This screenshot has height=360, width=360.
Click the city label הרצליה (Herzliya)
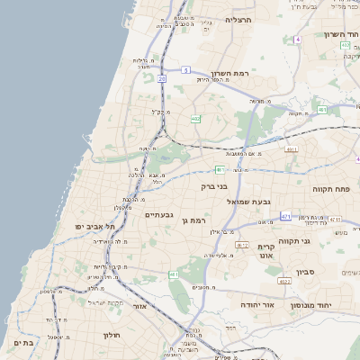click(239, 18)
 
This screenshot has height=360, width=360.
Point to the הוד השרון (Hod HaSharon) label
click(341, 34)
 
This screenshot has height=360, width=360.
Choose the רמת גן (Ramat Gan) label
click(194, 220)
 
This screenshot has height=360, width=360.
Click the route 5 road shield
click(185, 69)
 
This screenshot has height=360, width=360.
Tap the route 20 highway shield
click(162, 78)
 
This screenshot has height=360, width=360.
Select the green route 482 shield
click(195, 119)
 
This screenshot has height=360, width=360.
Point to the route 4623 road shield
click(284, 282)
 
